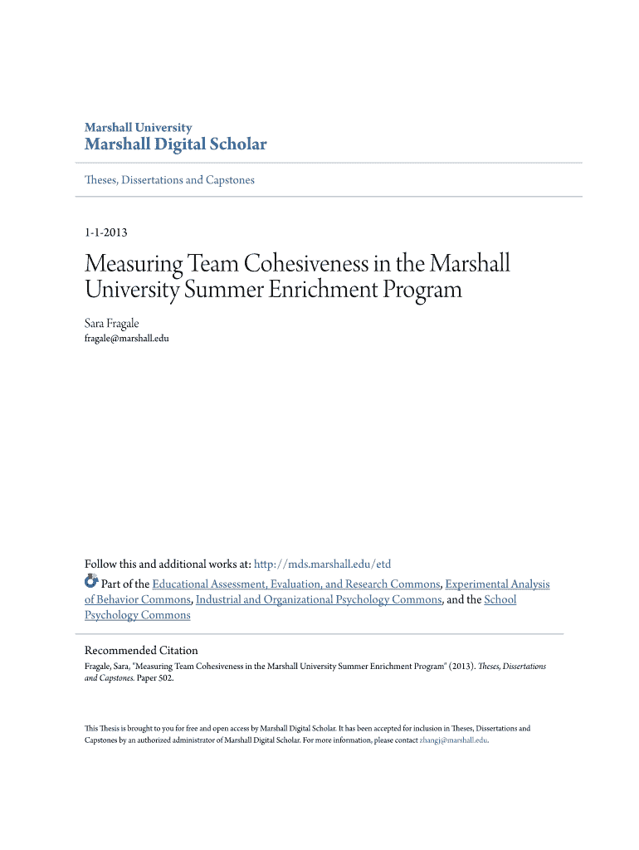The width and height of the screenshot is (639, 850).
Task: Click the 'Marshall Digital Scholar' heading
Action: click(x=175, y=144)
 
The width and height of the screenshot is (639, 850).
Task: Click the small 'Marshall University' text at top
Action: click(x=138, y=128)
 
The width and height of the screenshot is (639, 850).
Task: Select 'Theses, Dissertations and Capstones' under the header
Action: click(x=169, y=179)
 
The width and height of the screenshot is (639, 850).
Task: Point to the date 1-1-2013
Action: click(x=105, y=232)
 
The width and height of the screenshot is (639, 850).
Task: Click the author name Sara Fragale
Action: click(x=112, y=323)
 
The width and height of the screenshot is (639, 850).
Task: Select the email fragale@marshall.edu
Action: click(x=127, y=338)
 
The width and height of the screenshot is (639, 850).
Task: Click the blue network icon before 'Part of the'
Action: click(x=91, y=581)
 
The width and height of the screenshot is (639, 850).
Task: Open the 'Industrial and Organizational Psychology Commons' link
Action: click(x=319, y=599)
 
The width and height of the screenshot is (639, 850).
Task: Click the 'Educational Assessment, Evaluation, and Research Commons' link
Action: click(x=295, y=584)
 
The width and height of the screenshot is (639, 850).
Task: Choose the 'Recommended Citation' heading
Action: click(x=141, y=650)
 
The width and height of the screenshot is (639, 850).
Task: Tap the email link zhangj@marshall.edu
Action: click(x=453, y=740)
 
